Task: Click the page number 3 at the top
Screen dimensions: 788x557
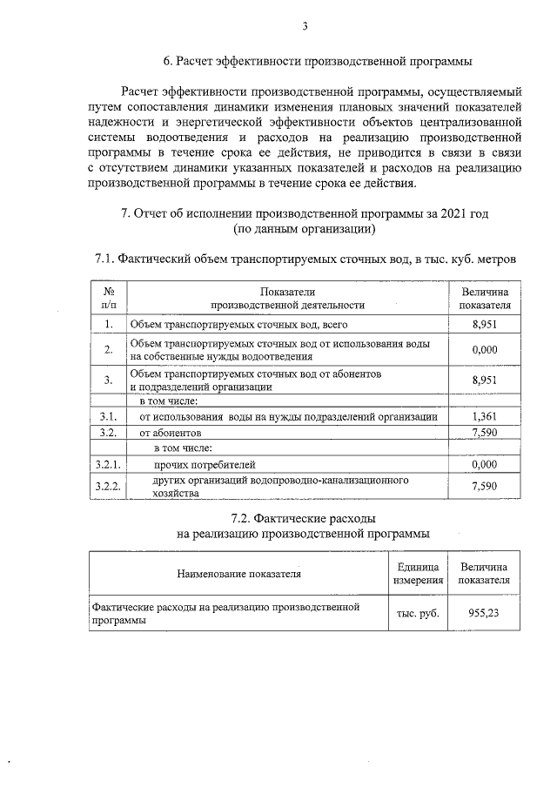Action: (x=305, y=27)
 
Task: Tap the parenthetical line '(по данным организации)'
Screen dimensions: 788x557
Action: (x=305, y=230)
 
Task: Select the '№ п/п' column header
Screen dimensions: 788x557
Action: (x=109, y=298)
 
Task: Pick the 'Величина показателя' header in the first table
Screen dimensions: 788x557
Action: (x=485, y=298)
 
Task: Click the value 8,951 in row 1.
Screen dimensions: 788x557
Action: (x=483, y=324)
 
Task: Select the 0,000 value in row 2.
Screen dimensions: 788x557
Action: (x=483, y=349)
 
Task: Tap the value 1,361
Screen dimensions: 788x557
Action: (x=483, y=416)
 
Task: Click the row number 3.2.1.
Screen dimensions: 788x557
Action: (x=109, y=464)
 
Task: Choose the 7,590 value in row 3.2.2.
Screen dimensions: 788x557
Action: (x=483, y=486)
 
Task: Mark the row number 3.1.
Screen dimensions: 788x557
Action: (x=109, y=416)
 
